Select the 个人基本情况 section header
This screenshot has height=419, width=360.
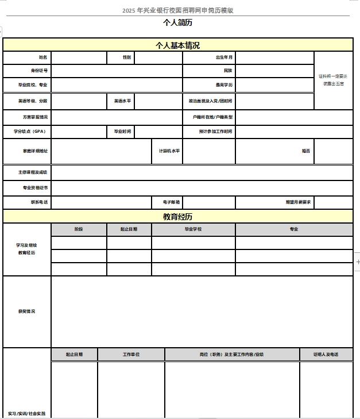pyautogui.click(x=178, y=45)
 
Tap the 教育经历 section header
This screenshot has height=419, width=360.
pyautogui.click(x=178, y=217)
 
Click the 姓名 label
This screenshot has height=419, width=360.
pyautogui.click(x=43, y=57)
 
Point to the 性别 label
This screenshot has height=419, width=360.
pyautogui.click(x=127, y=57)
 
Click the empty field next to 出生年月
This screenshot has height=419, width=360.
pyautogui.click(x=274, y=57)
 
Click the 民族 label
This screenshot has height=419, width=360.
pyautogui.click(x=228, y=71)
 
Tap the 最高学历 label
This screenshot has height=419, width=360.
pyautogui.click(x=224, y=85)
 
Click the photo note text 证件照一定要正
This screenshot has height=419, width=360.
pyautogui.click(x=333, y=76)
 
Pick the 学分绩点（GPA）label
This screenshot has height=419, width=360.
pyautogui.click(x=29, y=132)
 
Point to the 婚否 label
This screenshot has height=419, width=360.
pyautogui.click(x=306, y=151)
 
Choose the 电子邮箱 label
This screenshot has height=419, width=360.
pyautogui.click(x=173, y=202)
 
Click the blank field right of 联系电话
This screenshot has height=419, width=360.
pyautogui.click(x=101, y=202)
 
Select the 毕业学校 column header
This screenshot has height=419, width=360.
pyautogui.click(x=193, y=229)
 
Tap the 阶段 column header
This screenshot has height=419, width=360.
pyautogui.click(x=79, y=229)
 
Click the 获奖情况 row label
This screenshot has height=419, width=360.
pyautogui.click(x=26, y=312)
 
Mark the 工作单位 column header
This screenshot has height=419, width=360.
pyautogui.click(x=131, y=355)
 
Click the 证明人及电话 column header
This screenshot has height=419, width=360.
pyautogui.click(x=326, y=355)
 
